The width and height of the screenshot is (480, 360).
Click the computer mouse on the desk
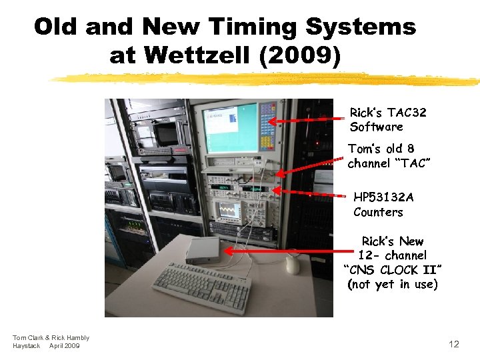[293, 265]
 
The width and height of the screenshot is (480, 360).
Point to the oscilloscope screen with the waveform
[229, 211]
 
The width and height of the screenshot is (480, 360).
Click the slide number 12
[454, 344]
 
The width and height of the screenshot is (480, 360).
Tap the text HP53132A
[383, 197]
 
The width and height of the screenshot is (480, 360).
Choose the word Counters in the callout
[378, 212]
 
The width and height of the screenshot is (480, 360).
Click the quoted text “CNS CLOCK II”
[393, 270]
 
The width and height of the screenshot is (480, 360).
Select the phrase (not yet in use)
[393, 285]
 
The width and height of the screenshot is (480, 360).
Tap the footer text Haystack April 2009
[46, 346]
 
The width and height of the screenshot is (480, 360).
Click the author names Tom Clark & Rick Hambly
[51, 338]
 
